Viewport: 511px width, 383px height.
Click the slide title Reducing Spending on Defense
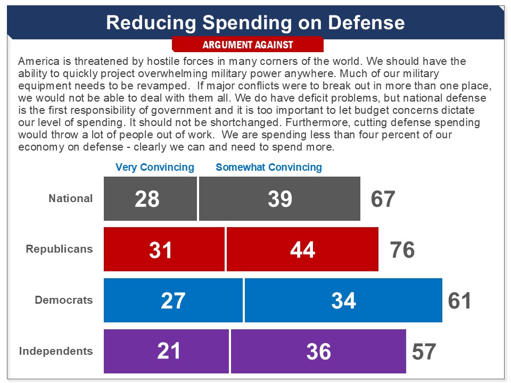point(255,22)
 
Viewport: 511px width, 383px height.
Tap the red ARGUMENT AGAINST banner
point(248,45)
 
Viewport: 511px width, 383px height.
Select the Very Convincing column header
point(155,167)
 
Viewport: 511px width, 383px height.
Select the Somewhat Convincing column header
point(269,167)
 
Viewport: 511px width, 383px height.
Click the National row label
point(71,198)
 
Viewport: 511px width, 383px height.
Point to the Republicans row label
point(59,249)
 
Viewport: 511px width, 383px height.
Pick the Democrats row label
point(64,300)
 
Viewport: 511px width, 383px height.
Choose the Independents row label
point(56,351)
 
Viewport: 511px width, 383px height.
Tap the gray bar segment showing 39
point(279,198)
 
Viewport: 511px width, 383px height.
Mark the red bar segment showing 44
point(302,249)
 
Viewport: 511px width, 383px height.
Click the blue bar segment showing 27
point(174,300)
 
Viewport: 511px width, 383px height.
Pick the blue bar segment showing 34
point(343,300)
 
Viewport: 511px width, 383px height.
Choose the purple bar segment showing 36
point(318,351)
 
